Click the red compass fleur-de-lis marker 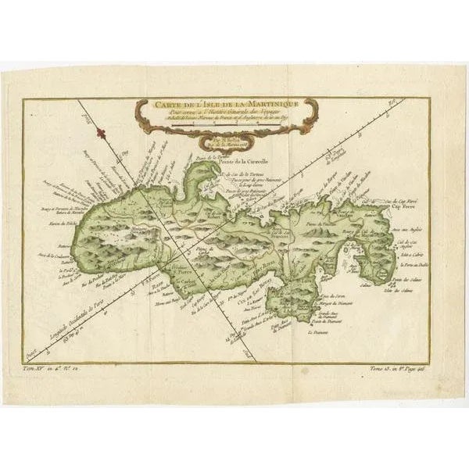click(101, 134)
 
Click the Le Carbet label click(184, 283)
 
